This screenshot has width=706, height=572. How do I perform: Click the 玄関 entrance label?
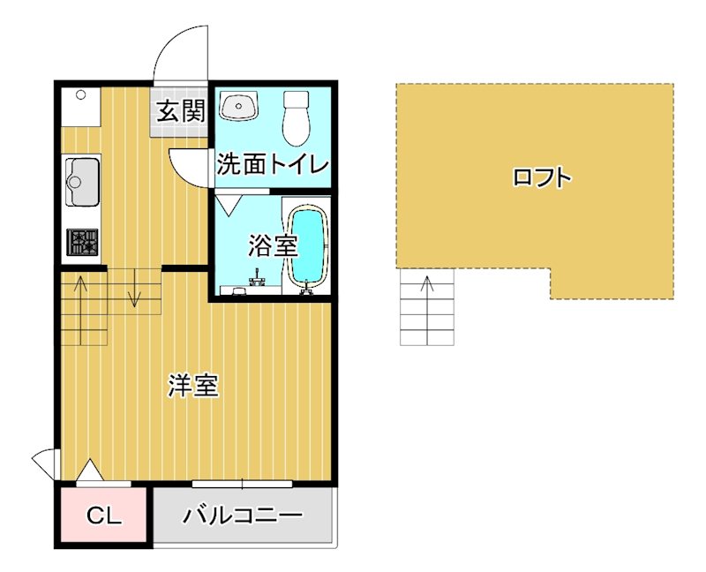point(182,111)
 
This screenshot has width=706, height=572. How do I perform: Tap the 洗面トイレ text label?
point(273,164)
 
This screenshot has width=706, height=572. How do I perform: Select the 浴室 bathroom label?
point(272,245)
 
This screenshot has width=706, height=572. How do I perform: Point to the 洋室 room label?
point(193,386)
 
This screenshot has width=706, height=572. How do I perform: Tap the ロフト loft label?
point(542,177)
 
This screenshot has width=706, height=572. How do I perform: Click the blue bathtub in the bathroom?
point(308,246)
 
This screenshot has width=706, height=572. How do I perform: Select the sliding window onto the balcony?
point(242,484)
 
